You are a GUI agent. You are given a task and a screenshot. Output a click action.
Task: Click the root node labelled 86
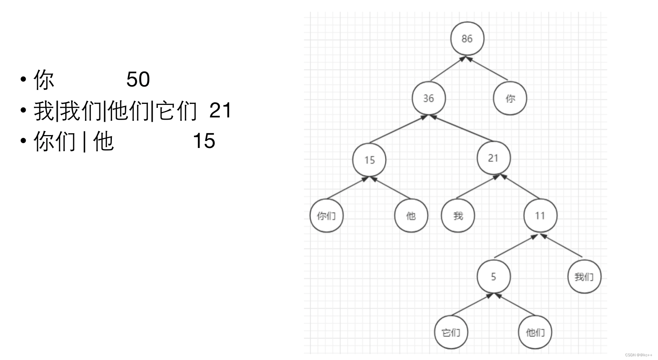coord(467,39)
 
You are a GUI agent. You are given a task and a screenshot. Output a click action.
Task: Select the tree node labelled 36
coord(428,98)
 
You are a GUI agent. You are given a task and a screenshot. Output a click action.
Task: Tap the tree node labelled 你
coord(510,98)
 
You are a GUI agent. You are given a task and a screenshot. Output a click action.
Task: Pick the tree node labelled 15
coord(369,160)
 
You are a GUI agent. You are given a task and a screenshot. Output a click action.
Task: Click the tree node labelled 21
coord(493,158)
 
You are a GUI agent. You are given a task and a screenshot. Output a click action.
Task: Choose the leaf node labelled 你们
coord(326,216)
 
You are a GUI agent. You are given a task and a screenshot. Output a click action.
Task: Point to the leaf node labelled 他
coord(411,216)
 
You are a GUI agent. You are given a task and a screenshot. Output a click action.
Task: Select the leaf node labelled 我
coord(458,216)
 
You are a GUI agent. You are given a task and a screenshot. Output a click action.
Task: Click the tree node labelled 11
coord(540,216)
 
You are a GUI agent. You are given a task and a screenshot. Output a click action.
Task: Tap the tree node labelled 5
coord(493,276)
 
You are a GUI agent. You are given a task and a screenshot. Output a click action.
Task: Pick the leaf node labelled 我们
coord(584,276)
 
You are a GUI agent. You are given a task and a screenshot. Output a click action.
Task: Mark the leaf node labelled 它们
coord(451,332)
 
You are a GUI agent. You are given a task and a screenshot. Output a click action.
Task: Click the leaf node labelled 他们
coord(535,332)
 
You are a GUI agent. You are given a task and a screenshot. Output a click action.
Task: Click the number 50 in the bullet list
coord(138,79)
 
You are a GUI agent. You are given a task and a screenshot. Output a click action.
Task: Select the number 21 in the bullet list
coord(220,110)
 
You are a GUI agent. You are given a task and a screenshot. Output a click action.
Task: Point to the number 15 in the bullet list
coord(204,141)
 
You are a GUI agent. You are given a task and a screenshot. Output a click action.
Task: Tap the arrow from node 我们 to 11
coord(562,246)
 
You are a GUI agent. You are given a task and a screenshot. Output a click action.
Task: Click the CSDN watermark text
coord(638,355)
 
